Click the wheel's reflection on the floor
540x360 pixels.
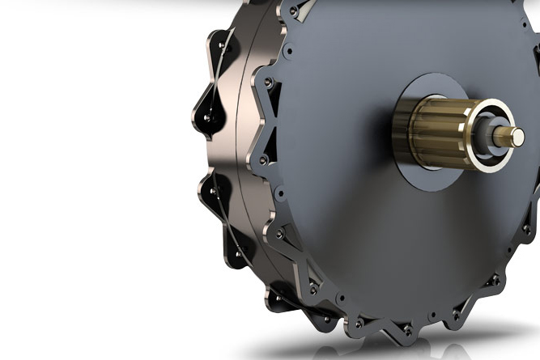453,344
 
